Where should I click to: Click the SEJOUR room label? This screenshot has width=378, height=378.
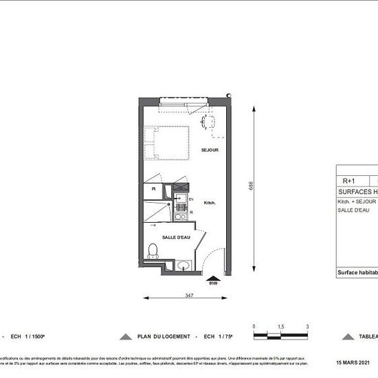(210, 150)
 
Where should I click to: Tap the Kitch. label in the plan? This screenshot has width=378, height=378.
(211, 203)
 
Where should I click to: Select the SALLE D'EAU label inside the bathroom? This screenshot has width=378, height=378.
(176, 237)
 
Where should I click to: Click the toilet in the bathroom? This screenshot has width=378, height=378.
(153, 251)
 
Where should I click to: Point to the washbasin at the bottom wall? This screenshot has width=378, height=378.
(182, 265)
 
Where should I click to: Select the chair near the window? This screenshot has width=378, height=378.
(208, 122)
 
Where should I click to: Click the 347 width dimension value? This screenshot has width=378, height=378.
(188, 295)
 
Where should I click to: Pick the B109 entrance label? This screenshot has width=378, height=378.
(213, 282)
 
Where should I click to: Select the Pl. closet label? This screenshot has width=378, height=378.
(153, 188)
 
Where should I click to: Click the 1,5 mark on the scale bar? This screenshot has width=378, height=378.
(280, 326)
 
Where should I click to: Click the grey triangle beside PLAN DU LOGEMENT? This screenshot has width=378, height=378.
(125, 337)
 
